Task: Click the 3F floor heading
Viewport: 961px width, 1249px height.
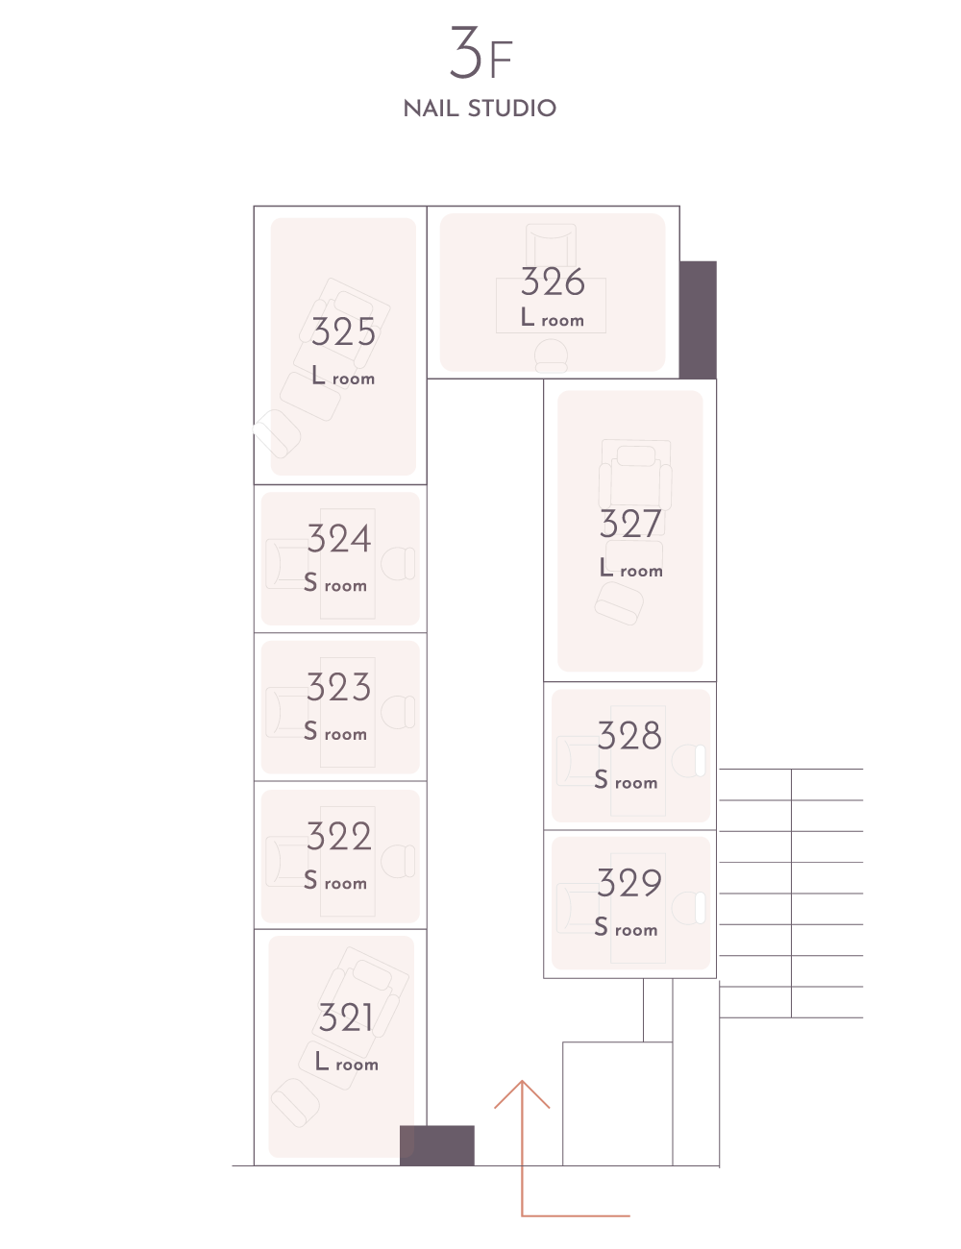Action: (480, 56)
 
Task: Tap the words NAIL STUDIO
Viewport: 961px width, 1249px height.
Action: (480, 108)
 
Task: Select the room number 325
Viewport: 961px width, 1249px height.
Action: (343, 332)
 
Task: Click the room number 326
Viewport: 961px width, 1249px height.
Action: (553, 282)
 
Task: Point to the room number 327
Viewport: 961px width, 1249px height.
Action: (630, 525)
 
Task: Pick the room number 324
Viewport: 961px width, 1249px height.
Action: (339, 539)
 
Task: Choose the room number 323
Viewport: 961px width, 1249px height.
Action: (338, 688)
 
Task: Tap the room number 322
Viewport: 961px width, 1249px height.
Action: (339, 837)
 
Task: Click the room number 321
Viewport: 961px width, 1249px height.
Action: (345, 1017)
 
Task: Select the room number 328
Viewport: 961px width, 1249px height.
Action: (629, 737)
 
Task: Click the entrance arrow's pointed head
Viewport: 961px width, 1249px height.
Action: (522, 1086)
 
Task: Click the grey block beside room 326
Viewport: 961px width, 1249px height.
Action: (698, 319)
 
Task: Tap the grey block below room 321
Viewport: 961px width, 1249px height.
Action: (437, 1145)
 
